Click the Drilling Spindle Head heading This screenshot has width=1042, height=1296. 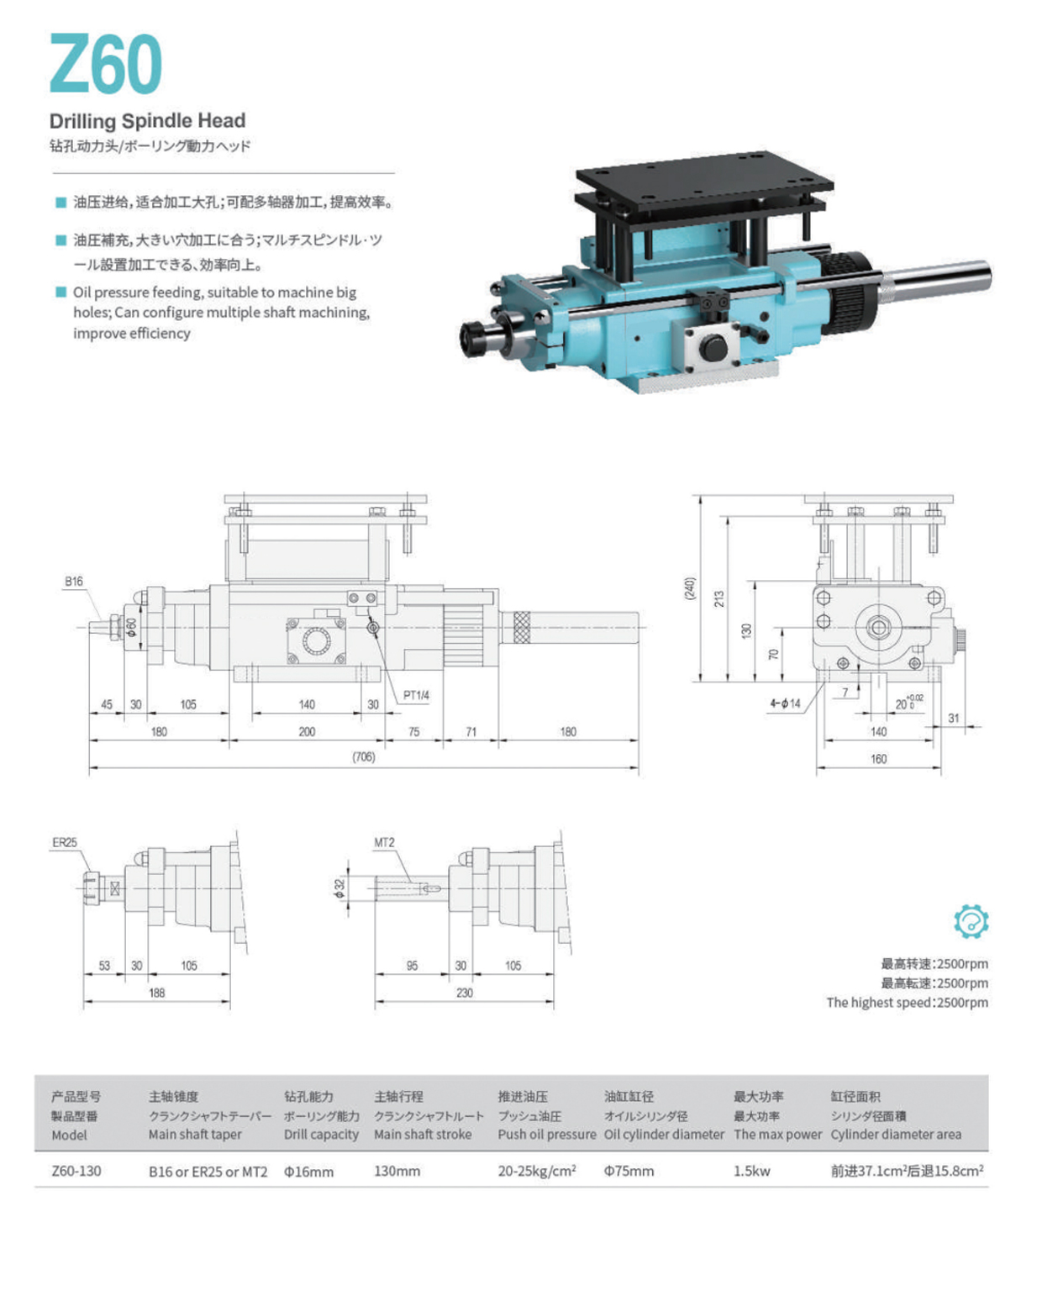pos(147,121)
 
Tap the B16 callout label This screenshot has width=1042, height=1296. pos(74,581)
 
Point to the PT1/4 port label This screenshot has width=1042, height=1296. pos(416,695)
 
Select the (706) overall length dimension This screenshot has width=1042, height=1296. pos(363,757)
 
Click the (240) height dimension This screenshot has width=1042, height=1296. pos(690,588)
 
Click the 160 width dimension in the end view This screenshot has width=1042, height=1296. pos(878,759)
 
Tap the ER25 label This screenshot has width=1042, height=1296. pos(65,842)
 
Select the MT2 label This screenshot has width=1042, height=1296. pos(384,842)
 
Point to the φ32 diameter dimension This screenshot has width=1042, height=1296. pos(339,888)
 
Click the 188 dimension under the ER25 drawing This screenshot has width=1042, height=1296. pos(157,993)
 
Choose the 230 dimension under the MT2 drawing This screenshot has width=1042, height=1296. pos(465,993)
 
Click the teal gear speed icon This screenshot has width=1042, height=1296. pos(971,921)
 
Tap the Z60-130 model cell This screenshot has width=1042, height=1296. pos(76,1171)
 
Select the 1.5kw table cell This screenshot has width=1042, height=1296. pos(751,1171)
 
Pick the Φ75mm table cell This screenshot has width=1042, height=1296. pos(629,1171)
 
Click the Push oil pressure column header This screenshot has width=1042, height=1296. pos(546,1134)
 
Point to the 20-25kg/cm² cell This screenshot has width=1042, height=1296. pos(537,1171)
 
